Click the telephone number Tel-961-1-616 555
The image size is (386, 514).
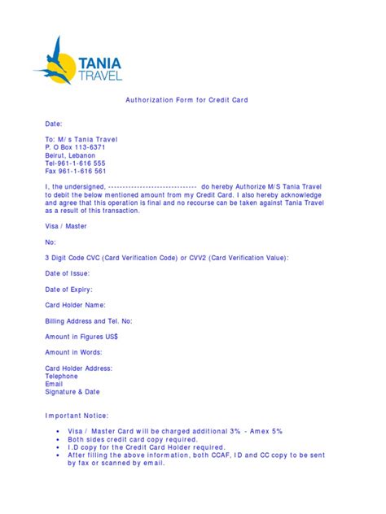[75, 163]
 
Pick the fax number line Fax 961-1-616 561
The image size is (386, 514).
[75, 171]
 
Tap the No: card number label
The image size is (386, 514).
[50, 242]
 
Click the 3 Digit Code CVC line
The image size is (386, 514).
[166, 257]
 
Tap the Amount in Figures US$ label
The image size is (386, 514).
[81, 337]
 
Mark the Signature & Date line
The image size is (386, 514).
[72, 391]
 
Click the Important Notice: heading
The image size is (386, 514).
[76, 415]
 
